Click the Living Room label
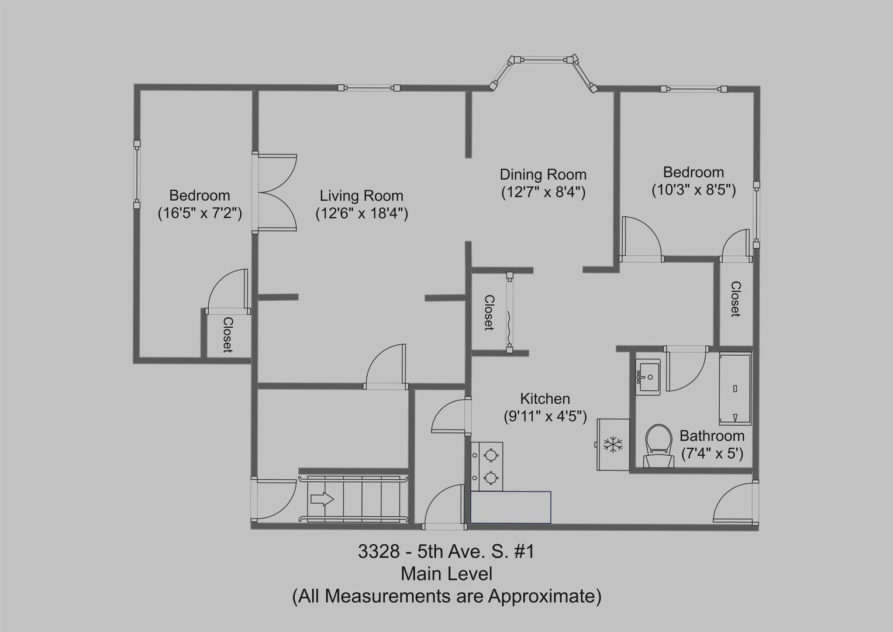(361, 196)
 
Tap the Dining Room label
(543, 175)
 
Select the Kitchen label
(545, 399)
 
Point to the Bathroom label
(712, 436)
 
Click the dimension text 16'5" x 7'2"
(200, 214)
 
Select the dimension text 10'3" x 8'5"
(694, 190)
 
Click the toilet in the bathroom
(658, 446)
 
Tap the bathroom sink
(648, 377)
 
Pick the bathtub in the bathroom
(735, 389)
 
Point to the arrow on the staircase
(322, 499)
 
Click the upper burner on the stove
(490, 455)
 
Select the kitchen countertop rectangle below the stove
(511, 507)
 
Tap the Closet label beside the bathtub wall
(736, 299)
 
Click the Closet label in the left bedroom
(227, 335)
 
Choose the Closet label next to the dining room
(489, 313)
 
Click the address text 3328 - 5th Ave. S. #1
(446, 551)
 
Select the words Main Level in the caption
(447, 573)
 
